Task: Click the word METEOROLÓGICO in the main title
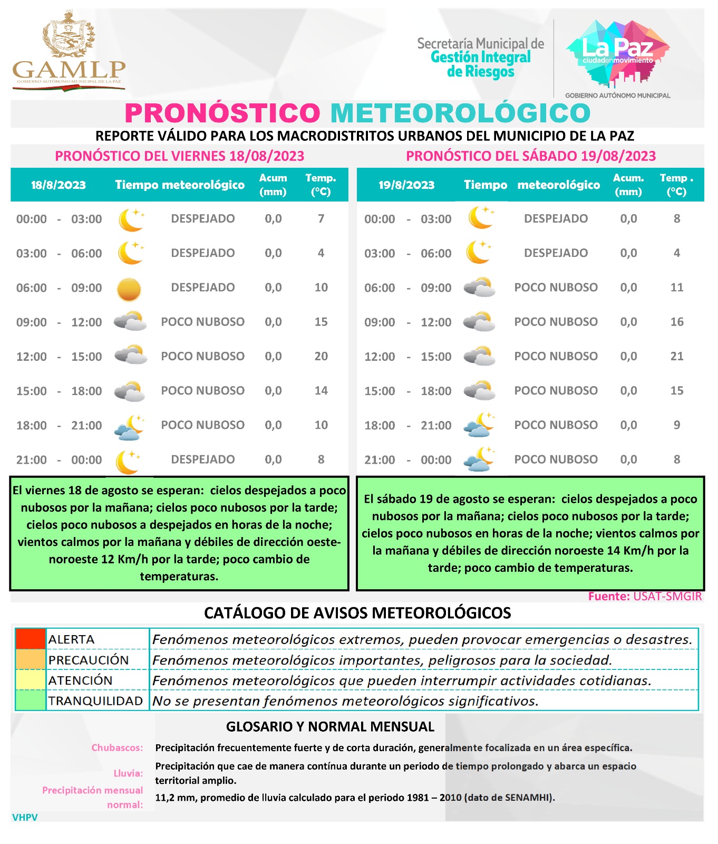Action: click(x=460, y=113)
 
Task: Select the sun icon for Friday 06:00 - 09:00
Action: click(x=129, y=289)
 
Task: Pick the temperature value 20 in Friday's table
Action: click(x=321, y=357)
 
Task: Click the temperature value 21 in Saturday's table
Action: click(x=677, y=357)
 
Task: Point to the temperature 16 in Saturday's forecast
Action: click(x=677, y=322)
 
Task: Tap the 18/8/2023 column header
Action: click(x=59, y=185)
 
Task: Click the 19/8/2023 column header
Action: click(x=406, y=185)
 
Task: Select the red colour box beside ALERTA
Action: click(x=30, y=639)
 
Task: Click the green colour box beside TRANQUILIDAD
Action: click(x=30, y=701)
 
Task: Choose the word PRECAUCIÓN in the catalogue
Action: click(x=89, y=660)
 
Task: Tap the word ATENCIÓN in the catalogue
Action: click(x=81, y=680)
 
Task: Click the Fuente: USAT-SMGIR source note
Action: click(x=645, y=597)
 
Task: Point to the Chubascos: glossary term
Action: click(x=117, y=748)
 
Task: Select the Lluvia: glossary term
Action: click(x=128, y=773)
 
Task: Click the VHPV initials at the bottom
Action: click(x=25, y=818)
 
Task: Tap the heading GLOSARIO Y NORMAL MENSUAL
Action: click(x=330, y=727)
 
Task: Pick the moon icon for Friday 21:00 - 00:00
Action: click(x=129, y=461)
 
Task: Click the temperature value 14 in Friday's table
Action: click(x=321, y=391)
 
